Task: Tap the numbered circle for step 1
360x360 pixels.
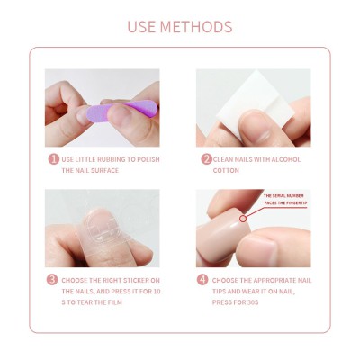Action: (x=53, y=159)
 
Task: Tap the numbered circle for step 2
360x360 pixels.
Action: (x=205, y=159)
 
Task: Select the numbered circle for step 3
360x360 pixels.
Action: (x=53, y=279)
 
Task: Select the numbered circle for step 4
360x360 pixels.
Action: (x=204, y=279)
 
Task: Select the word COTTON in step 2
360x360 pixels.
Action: (x=227, y=171)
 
